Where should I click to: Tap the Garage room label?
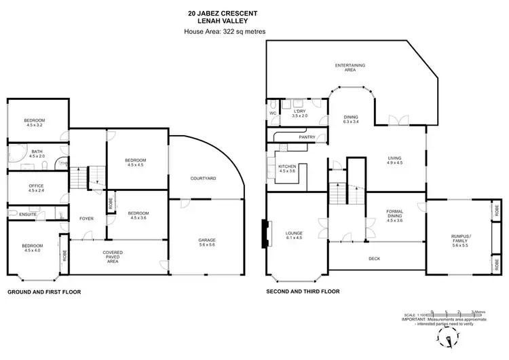[x=207, y=242]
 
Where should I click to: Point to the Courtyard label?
[x=203, y=178]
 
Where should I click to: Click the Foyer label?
[x=86, y=219]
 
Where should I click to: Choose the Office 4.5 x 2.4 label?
[x=36, y=188]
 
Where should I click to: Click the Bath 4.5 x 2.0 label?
[x=36, y=154]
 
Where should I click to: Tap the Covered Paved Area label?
[x=113, y=257]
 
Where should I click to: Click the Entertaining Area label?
[x=350, y=67]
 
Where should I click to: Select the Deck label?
[x=374, y=259]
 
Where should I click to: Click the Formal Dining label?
[x=394, y=215]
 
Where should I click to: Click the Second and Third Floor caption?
[x=303, y=291]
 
